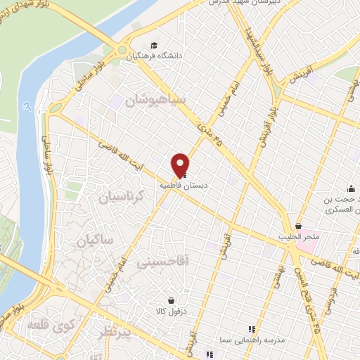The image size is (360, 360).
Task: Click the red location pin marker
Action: pos(181,164)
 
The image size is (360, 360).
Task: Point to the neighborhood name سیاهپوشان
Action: pos(155,101)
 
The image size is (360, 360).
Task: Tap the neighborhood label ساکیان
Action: pos(90,240)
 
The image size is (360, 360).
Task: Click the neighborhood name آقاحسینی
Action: pos(162,261)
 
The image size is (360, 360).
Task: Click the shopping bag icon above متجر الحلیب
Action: pos(299,226)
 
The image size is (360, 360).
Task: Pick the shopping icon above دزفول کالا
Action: pos(169,300)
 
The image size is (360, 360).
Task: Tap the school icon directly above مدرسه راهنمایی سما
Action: pos(251,329)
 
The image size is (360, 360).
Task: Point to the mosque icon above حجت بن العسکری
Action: pos(351,188)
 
